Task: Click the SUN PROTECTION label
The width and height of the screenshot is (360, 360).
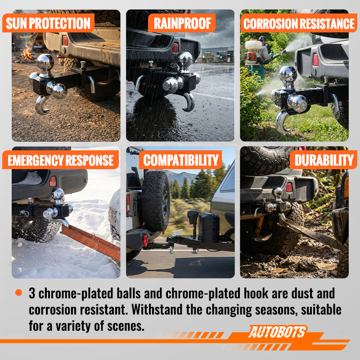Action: (48, 23)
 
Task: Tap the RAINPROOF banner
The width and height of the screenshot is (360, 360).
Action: (182, 23)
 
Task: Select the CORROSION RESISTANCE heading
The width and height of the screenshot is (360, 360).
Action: (299, 23)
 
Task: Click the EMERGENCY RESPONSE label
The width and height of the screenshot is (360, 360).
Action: (61, 160)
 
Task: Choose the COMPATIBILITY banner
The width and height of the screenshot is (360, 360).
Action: (181, 160)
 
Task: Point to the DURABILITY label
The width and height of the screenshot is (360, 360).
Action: (324, 160)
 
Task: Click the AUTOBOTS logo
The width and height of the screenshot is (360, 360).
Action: (278, 332)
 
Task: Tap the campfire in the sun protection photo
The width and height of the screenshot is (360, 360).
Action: (27, 54)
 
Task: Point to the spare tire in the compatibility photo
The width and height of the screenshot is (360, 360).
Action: (156, 201)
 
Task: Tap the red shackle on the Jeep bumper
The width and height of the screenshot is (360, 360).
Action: (145, 240)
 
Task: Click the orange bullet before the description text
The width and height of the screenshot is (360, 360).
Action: (18, 292)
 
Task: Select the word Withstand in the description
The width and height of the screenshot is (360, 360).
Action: (157, 310)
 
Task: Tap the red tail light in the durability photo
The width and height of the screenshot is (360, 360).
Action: (289, 188)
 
